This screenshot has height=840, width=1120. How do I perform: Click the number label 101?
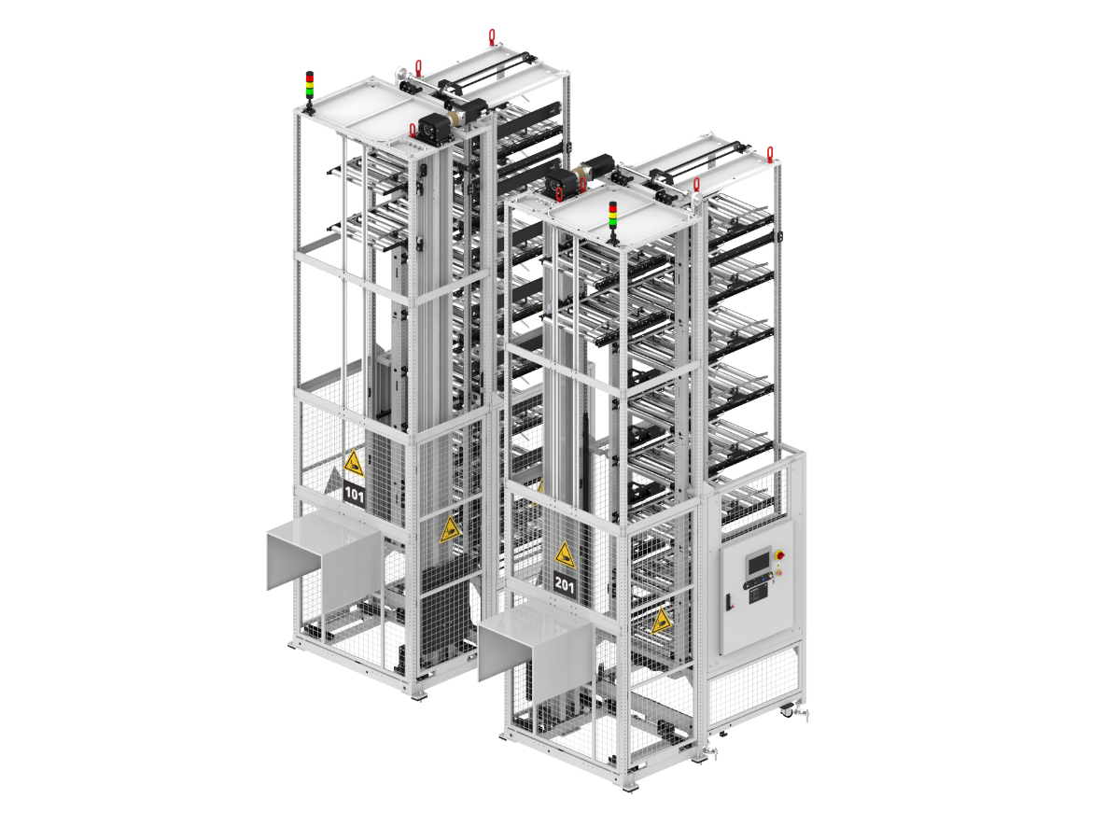click(x=354, y=494)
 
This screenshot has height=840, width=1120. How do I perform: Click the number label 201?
click(x=565, y=584)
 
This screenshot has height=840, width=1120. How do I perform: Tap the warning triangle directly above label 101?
click(x=353, y=464)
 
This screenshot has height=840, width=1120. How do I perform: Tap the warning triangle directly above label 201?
click(x=565, y=555)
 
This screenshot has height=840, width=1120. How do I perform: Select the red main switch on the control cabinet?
click(x=779, y=554)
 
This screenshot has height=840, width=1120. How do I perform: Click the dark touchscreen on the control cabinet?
click(x=758, y=564)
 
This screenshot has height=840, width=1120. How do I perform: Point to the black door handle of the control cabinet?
click(x=728, y=602)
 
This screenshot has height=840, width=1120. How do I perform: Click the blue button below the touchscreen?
click(x=763, y=580)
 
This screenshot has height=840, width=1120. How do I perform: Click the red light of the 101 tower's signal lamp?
click(x=309, y=76)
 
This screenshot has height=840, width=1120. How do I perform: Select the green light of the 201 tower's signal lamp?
click(x=613, y=221)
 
